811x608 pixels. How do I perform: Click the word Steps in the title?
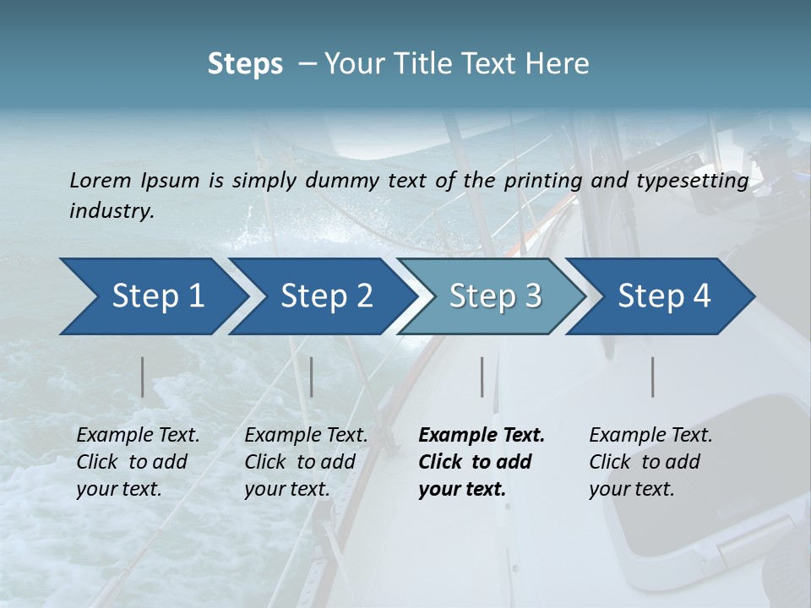245,64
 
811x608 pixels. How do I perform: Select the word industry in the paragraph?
112,211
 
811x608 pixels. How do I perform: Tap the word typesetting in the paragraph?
693,180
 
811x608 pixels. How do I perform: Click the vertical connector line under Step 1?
142,377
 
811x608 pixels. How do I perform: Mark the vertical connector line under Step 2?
312,377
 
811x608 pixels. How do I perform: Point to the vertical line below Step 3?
482,377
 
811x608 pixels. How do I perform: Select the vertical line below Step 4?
652,377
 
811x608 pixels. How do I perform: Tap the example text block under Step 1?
137,462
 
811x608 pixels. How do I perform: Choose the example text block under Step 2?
306,462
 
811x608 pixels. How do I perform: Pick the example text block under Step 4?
650,462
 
